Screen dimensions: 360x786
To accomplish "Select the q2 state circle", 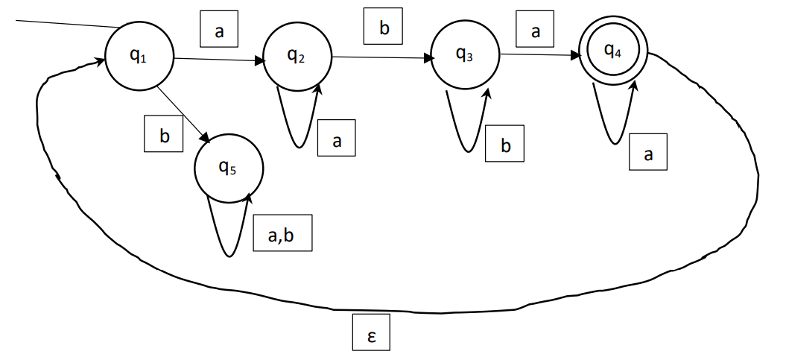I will pyautogui.click(x=297, y=55).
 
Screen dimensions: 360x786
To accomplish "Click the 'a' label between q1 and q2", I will pyautogui.click(x=218, y=32).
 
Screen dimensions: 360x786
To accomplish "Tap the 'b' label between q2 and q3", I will pyautogui.click(x=383, y=28).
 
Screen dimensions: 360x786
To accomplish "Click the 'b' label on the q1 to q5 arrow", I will pyautogui.click(x=164, y=134).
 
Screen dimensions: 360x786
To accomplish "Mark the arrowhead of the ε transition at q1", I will pyautogui.click(x=101, y=61).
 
